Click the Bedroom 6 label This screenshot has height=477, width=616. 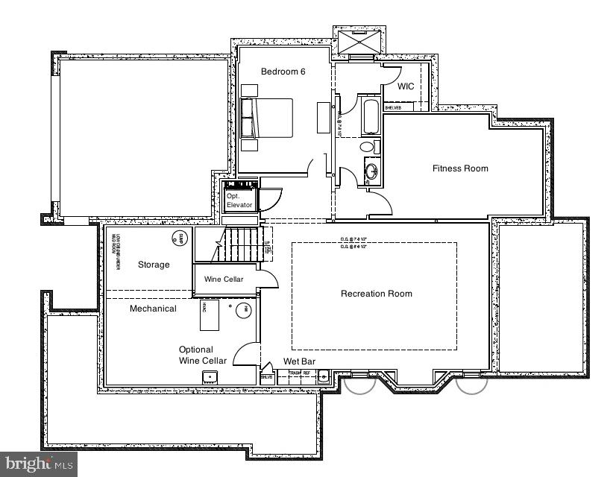pyautogui.click(x=283, y=72)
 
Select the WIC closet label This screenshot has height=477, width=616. pyautogui.click(x=406, y=86)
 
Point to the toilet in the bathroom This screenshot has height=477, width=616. pyautogui.click(x=369, y=147)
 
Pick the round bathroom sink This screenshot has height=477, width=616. pyautogui.click(x=371, y=172)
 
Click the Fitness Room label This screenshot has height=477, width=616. pyautogui.click(x=460, y=168)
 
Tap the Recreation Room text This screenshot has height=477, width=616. pyautogui.click(x=376, y=294)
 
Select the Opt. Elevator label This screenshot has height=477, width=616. pyautogui.click(x=239, y=200)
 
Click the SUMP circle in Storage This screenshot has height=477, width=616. pyautogui.click(x=177, y=239)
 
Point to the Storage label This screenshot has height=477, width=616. pyautogui.click(x=154, y=265)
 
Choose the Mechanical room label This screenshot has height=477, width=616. pyautogui.click(x=153, y=309)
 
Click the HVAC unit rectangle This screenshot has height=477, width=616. pyautogui.click(x=209, y=315)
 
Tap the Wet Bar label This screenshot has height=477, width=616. pyautogui.click(x=299, y=361)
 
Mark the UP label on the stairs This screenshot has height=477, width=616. pyautogui.click(x=268, y=244)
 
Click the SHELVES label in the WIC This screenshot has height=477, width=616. pyautogui.click(x=392, y=108)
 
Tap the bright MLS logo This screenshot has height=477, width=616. pyautogui.click(x=38, y=464)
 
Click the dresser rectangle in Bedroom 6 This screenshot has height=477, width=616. pyautogui.click(x=323, y=119)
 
